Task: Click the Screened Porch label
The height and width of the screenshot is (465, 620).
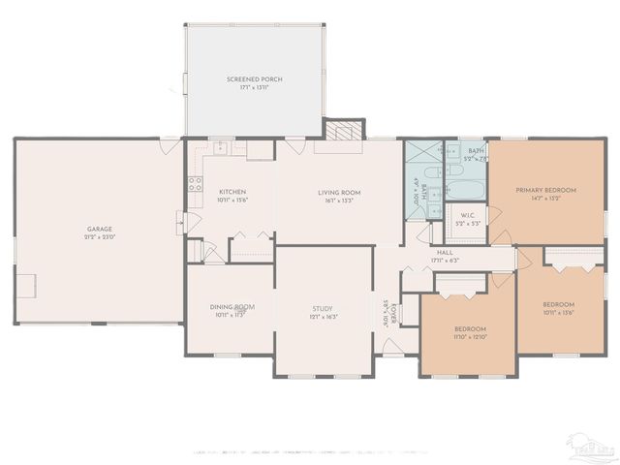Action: coord(255,78)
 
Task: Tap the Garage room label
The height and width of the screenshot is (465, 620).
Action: coord(100,230)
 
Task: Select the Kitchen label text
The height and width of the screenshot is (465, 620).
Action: coord(232,192)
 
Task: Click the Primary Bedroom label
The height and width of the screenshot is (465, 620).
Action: coord(545,190)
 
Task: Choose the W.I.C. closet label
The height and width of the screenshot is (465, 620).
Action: coord(466,215)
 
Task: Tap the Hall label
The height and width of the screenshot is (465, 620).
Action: coord(445,251)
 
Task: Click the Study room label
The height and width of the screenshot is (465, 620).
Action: coord(322,308)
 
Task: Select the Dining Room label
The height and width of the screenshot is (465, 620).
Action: coord(232,307)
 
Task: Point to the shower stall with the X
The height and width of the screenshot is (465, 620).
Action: coord(422,158)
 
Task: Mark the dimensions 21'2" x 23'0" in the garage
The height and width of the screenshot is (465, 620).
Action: coord(100,237)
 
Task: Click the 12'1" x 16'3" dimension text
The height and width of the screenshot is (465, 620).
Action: coord(322,317)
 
